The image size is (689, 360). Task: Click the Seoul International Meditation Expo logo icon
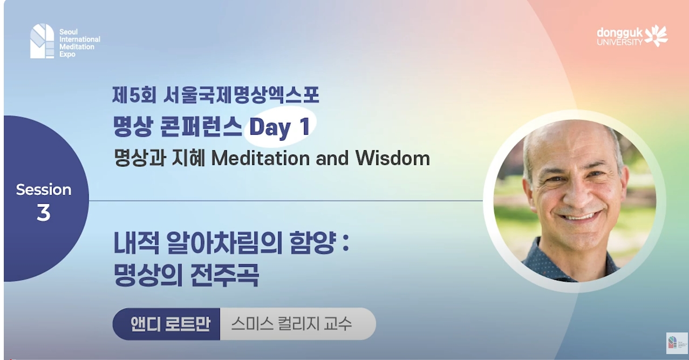42,41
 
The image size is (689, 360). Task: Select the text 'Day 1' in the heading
279,127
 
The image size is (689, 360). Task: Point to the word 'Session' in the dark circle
43,189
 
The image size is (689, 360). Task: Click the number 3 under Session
43,213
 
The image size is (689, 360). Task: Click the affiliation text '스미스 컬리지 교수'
291,324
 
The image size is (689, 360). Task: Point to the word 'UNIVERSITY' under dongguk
619,42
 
